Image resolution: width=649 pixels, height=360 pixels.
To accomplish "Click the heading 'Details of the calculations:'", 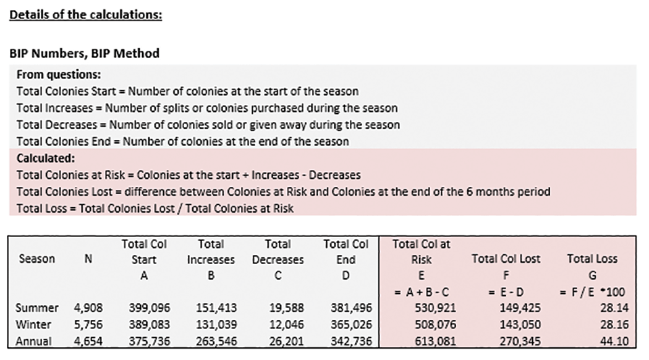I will pyautogui.click(x=85, y=14).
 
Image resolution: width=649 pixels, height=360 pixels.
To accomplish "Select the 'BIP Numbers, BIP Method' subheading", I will pyautogui.click(x=84, y=53).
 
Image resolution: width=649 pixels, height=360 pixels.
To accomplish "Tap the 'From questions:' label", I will pyautogui.click(x=59, y=75).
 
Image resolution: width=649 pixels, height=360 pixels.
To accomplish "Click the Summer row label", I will pyautogui.click(x=38, y=307).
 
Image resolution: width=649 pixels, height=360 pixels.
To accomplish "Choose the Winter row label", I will pyautogui.click(x=36, y=324).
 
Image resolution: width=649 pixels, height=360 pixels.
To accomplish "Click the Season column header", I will pyautogui.click(x=36, y=259).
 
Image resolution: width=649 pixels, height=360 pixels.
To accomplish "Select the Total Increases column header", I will pyautogui.click(x=211, y=252).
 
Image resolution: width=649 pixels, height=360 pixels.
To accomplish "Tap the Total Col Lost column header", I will pyautogui.click(x=507, y=259).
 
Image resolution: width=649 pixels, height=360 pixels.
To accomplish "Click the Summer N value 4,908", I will pyautogui.click(x=88, y=307).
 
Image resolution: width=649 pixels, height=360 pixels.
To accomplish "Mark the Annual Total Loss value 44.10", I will pyautogui.click(x=604, y=340).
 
